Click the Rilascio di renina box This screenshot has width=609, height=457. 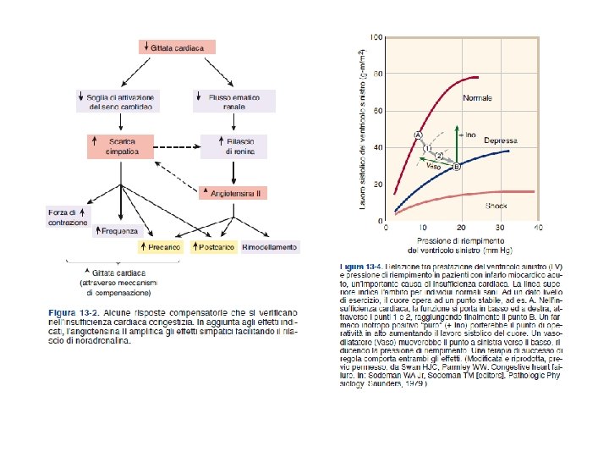click(231, 146)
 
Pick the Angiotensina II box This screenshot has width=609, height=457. click(233, 193)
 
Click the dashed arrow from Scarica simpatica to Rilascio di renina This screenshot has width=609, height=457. click(177, 146)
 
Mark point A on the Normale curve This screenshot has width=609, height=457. click(418, 135)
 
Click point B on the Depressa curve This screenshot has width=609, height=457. click(457, 167)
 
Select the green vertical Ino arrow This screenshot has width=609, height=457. click(457, 146)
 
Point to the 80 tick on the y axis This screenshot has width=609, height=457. click(377, 74)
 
